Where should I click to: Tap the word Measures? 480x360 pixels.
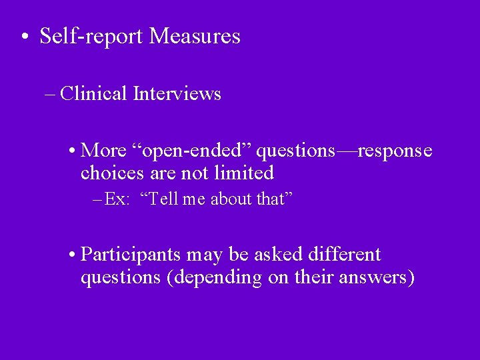195,36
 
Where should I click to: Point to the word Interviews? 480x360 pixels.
177,94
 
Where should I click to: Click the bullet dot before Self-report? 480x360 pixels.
24,37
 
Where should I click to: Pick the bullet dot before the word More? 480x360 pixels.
72,152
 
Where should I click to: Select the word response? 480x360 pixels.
395,151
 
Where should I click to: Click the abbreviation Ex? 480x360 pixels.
117,199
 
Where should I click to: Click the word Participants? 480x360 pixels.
131,255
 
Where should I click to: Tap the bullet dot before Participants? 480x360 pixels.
72,255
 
